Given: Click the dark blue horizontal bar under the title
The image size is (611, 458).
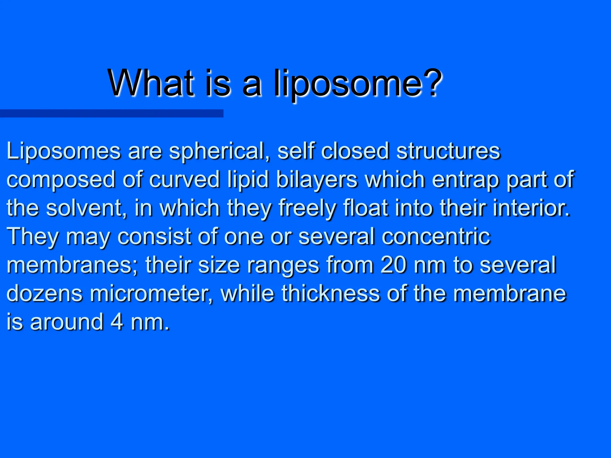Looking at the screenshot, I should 111,113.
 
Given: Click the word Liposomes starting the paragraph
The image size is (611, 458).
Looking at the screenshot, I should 64,151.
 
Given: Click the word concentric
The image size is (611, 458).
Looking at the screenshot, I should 436,236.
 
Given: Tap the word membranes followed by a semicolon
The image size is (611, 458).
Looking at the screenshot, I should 70,265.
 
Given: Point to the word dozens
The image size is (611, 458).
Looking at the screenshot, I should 44,293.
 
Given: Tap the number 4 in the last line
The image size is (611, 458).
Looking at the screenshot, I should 117,322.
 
